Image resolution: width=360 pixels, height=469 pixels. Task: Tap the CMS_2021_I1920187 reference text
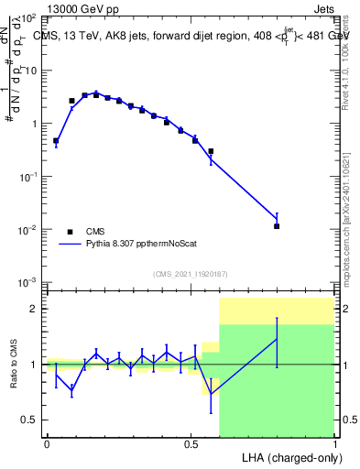click(x=190, y=274)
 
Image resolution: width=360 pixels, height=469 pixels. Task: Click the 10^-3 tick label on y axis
click(x=27, y=282)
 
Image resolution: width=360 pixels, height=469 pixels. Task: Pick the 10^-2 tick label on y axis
click(x=27, y=229)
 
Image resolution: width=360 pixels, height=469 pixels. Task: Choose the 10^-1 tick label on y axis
click(x=27, y=176)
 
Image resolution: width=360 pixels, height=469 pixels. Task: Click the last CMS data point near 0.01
click(x=277, y=225)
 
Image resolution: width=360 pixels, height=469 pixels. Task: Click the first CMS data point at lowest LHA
click(x=56, y=141)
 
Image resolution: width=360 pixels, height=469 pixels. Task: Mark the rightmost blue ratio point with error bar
click(x=277, y=340)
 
